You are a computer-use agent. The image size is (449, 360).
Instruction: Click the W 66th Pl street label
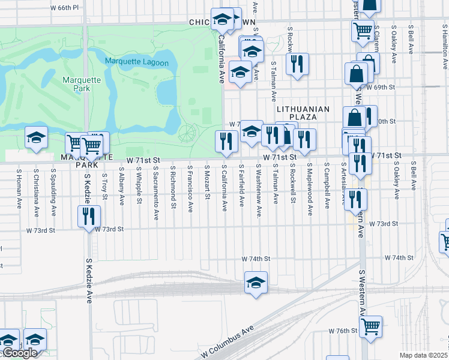[x=65, y=8]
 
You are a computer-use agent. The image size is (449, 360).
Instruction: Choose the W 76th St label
[x=343, y=331]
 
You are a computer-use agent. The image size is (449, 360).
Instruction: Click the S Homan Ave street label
[x=19, y=188]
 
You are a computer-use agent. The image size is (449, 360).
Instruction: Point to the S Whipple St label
[x=139, y=185]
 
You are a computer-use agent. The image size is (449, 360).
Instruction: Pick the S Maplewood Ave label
[x=310, y=189]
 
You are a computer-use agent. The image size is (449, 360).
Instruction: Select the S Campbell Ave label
[x=327, y=187]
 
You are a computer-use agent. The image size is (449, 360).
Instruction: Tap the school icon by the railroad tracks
[x=256, y=283]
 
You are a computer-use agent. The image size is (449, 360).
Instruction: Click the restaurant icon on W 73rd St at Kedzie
[x=89, y=216]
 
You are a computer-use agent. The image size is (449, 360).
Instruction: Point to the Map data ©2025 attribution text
[x=423, y=355]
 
